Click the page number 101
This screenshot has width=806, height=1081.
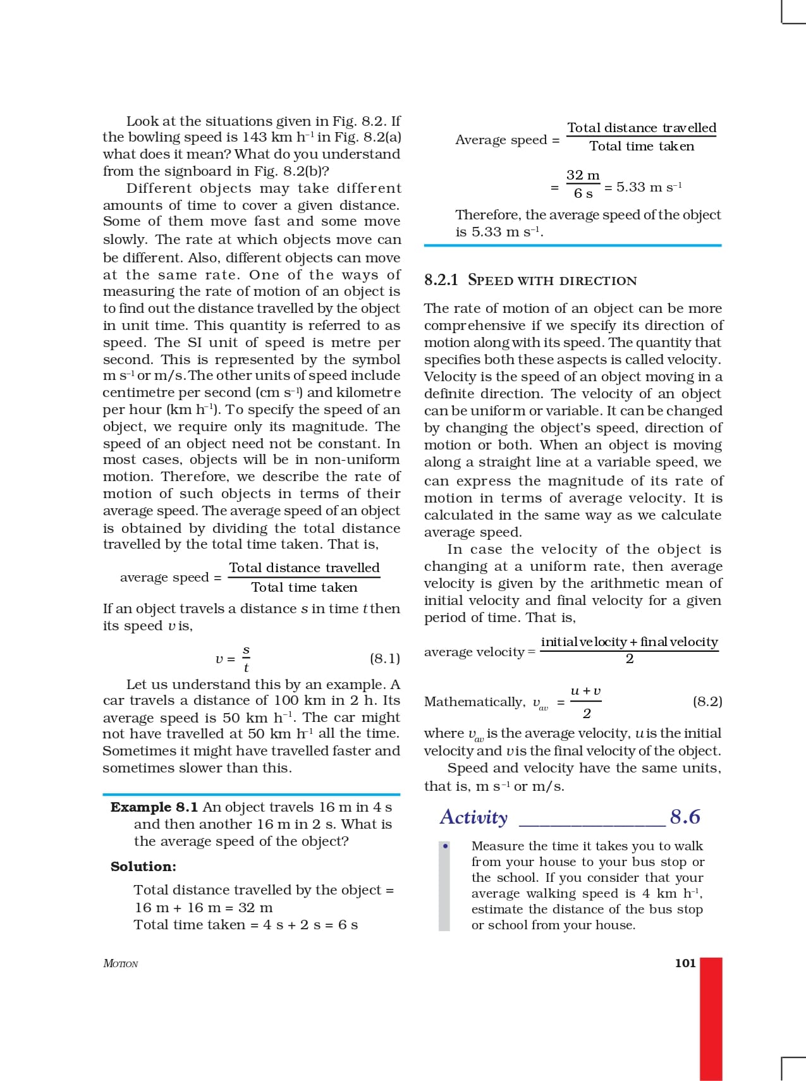tap(685, 963)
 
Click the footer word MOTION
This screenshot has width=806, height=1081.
tap(120, 963)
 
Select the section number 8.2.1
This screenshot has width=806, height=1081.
tap(441, 280)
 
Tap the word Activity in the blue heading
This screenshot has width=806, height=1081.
tap(473, 817)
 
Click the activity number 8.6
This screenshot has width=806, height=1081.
tap(685, 817)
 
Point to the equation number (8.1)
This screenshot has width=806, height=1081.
tap(385, 659)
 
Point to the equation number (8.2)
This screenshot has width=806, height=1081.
tap(707, 701)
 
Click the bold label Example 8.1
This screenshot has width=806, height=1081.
tap(154, 807)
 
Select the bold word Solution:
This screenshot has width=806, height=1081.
tap(143, 867)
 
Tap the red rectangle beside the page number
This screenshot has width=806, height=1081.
tap(711, 1018)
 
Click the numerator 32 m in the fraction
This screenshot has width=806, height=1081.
tap(583, 175)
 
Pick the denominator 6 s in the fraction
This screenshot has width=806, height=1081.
tap(583, 193)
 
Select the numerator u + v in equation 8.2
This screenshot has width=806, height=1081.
tap(585, 692)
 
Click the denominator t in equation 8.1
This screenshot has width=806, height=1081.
tap(246, 668)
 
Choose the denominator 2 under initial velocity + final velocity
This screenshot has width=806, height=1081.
tap(629, 659)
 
